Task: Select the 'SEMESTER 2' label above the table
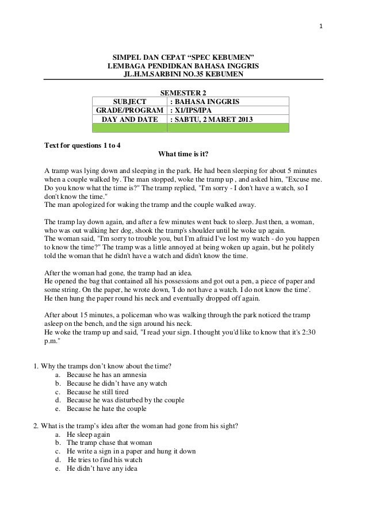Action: [183, 93]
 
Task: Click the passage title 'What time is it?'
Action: [183, 154]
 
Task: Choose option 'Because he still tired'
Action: [97, 392]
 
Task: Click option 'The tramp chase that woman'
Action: [109, 443]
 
